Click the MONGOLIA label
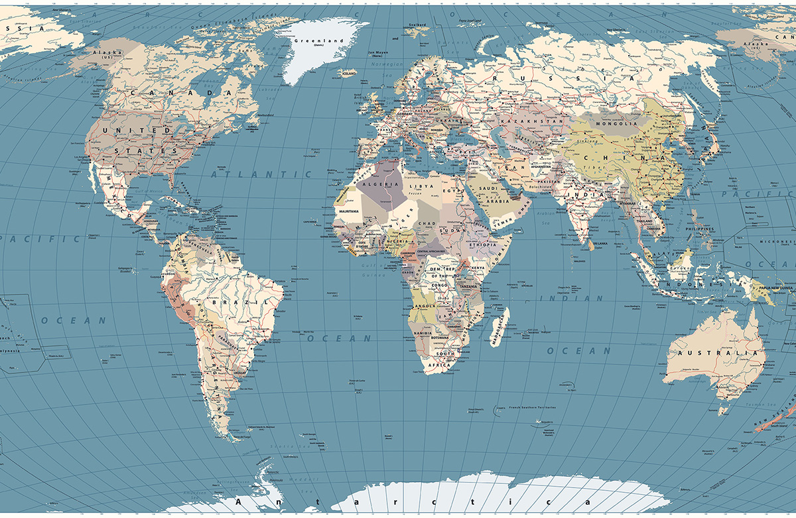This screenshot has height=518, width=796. point(616,124)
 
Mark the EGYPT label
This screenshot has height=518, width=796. point(460,191)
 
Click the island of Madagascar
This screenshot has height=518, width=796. point(499,327)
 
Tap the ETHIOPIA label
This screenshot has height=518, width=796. point(482,245)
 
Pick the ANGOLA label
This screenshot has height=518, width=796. point(424,306)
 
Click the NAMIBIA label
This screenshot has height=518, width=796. point(423,332)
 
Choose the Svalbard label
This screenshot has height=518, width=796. point(417,25)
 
